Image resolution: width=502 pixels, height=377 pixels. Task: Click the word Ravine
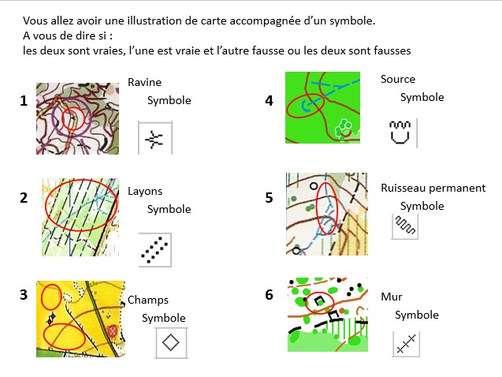(x=144, y=82)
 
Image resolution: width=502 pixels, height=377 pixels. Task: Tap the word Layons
(x=145, y=192)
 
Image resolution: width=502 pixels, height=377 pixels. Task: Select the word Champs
(x=148, y=300)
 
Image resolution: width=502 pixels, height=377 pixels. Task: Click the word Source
(x=398, y=79)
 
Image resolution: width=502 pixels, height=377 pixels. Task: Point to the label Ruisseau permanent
(x=433, y=188)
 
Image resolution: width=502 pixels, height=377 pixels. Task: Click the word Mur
(x=392, y=297)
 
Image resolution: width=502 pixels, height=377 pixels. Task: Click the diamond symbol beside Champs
(x=171, y=342)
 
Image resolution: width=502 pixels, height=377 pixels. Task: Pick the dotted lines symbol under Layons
(x=154, y=250)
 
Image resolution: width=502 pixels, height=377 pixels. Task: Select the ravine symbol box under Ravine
(x=155, y=138)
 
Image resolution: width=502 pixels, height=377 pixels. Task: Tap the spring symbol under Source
(x=400, y=133)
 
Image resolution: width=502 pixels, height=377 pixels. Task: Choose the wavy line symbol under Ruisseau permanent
(x=405, y=225)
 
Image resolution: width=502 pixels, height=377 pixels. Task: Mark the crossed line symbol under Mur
(x=406, y=344)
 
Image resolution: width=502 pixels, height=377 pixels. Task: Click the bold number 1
(x=24, y=101)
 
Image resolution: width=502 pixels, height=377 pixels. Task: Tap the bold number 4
(x=270, y=101)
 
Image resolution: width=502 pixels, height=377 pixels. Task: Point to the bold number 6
(x=270, y=295)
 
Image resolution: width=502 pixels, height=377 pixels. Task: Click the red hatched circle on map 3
(x=113, y=331)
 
